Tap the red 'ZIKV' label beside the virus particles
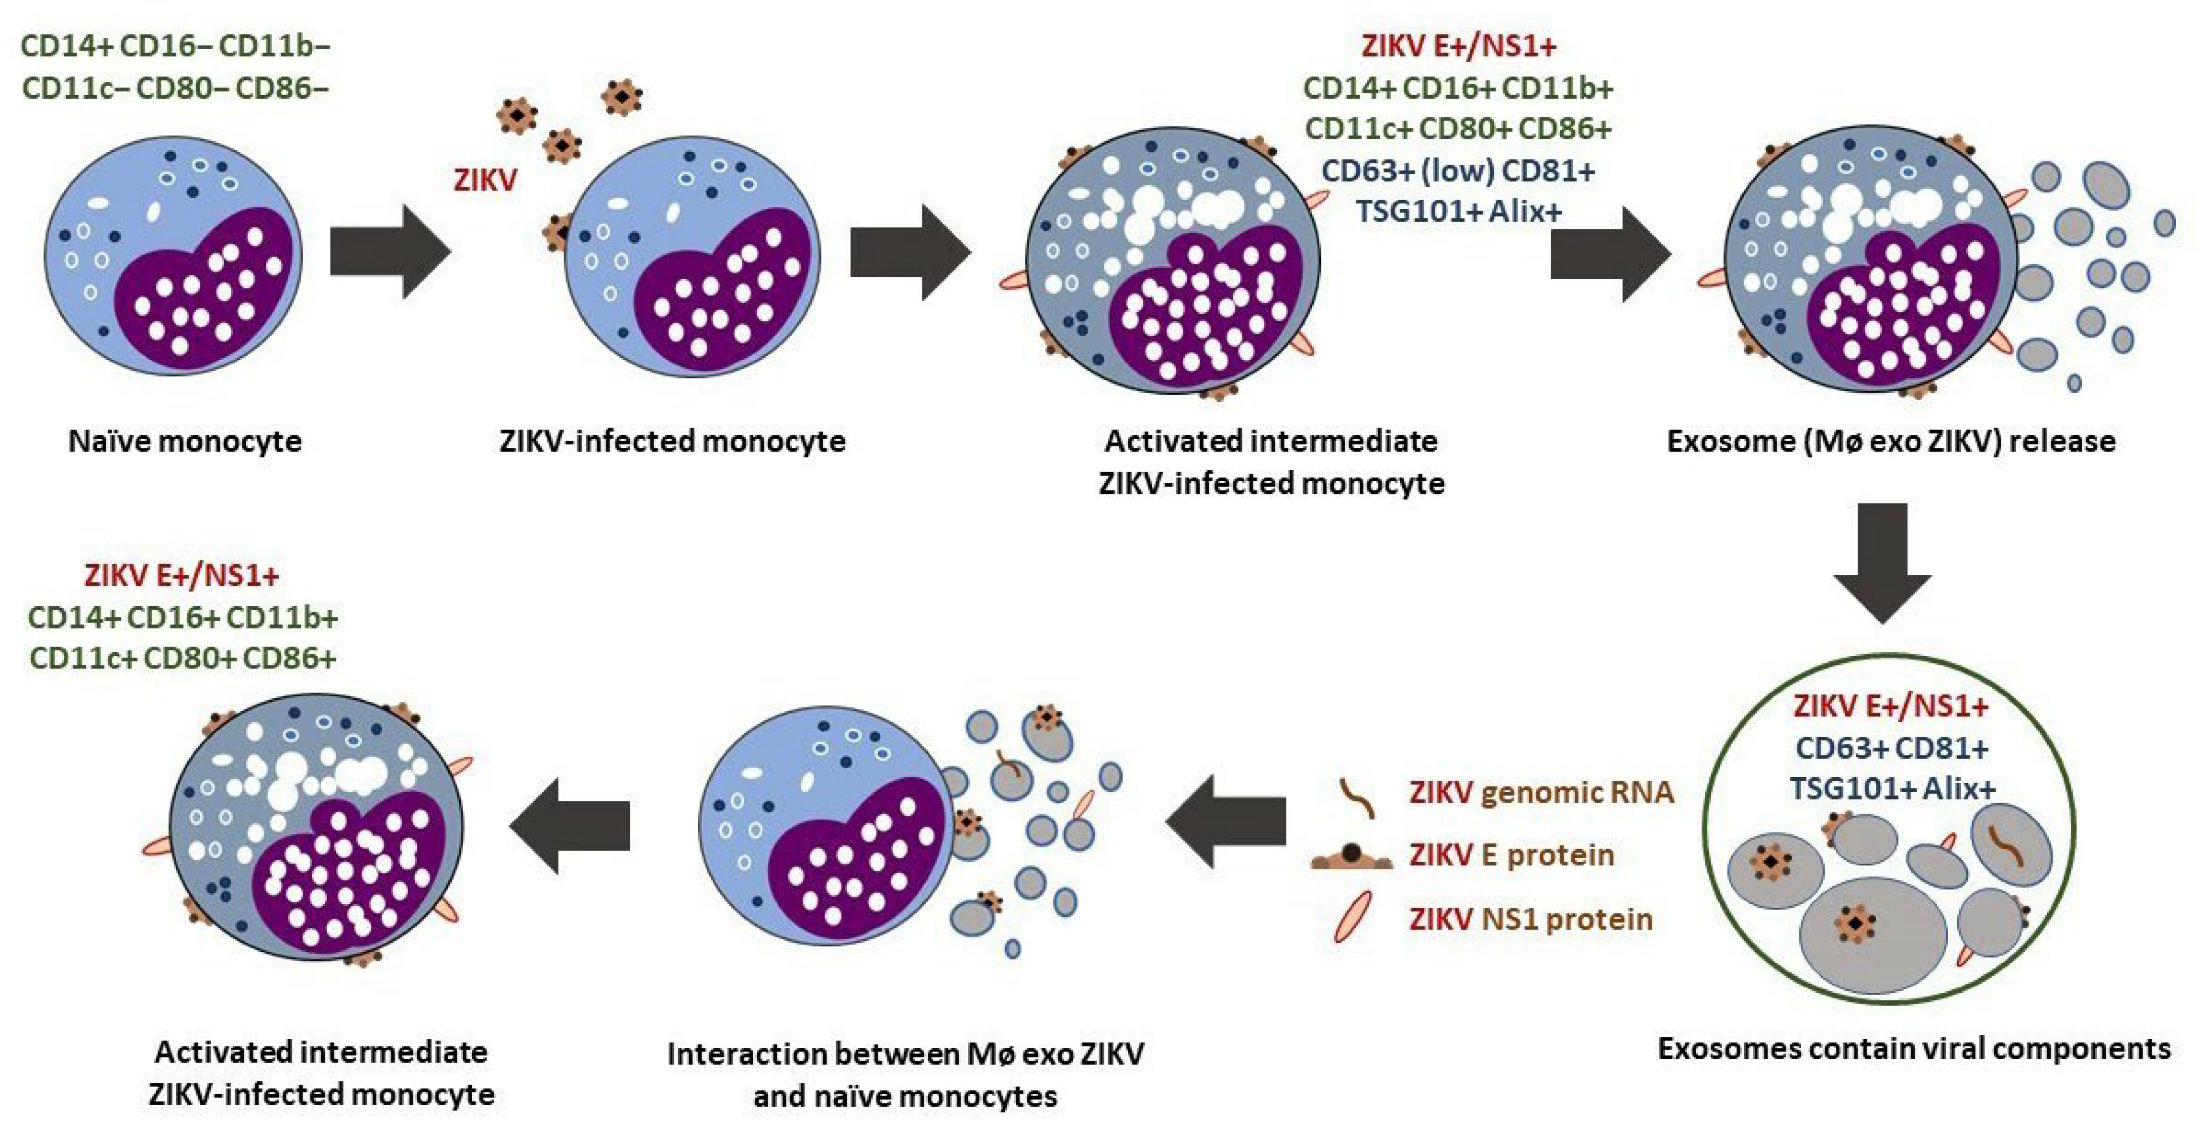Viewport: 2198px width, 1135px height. click(x=485, y=180)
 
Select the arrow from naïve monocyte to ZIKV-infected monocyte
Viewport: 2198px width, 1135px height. click(x=388, y=252)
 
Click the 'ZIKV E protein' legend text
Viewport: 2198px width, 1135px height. click(x=1511, y=855)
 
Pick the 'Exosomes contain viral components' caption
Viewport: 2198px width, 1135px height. click(x=1914, y=1048)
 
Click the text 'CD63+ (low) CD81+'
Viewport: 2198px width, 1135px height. click(x=1457, y=171)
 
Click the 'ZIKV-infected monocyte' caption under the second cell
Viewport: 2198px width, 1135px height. click(x=672, y=441)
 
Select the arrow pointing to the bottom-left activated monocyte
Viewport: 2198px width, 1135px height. click(x=569, y=825)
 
